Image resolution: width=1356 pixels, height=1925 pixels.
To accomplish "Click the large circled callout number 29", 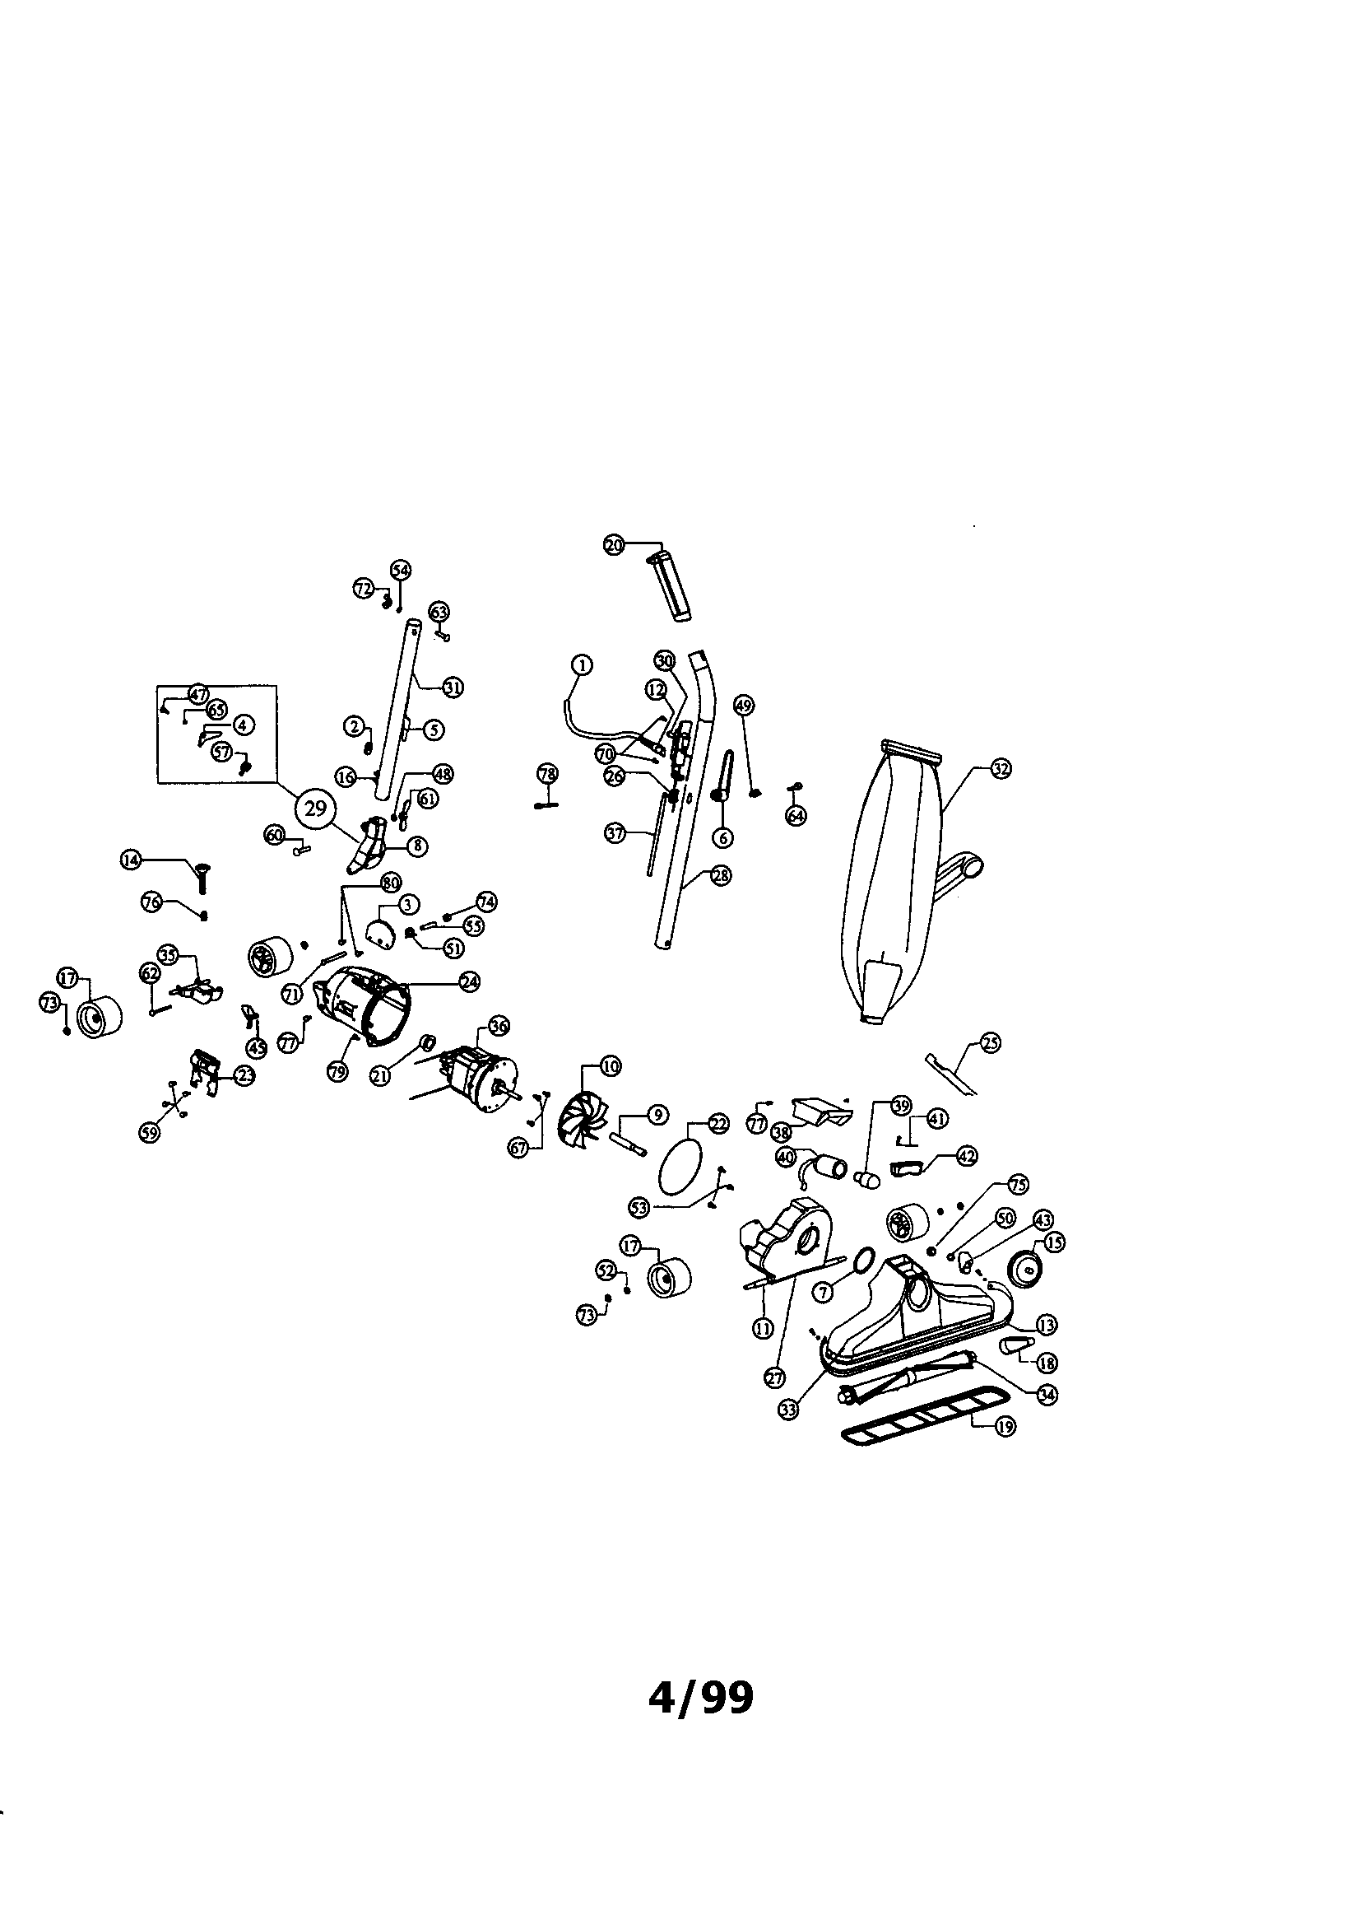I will pos(315,809).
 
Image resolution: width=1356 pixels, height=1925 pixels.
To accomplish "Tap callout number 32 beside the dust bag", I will pos(1001,768).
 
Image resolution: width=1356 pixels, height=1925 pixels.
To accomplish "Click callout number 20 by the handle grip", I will pos(615,545).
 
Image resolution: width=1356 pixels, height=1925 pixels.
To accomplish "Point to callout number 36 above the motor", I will pos(499,1025).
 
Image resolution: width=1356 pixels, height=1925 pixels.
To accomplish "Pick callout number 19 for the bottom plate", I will pos(1005,1426).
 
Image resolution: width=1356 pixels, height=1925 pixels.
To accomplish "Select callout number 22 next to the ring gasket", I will pos(719,1126).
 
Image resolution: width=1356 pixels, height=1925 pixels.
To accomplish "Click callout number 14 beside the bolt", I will pos(131,860).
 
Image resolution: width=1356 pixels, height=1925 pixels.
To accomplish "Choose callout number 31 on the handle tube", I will pos(453,687).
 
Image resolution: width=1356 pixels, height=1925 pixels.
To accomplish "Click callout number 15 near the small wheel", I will pos(1053,1242).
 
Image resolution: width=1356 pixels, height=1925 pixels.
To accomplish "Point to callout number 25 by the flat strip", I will pos(991,1044).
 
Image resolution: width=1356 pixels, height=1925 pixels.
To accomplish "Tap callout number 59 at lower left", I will pos(149,1134).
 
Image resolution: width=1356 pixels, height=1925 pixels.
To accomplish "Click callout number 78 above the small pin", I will pos(547,772).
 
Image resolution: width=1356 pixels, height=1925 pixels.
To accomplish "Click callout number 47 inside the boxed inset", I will pos(198,695).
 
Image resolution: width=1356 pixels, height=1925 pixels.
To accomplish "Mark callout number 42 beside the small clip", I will pos(966,1156).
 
